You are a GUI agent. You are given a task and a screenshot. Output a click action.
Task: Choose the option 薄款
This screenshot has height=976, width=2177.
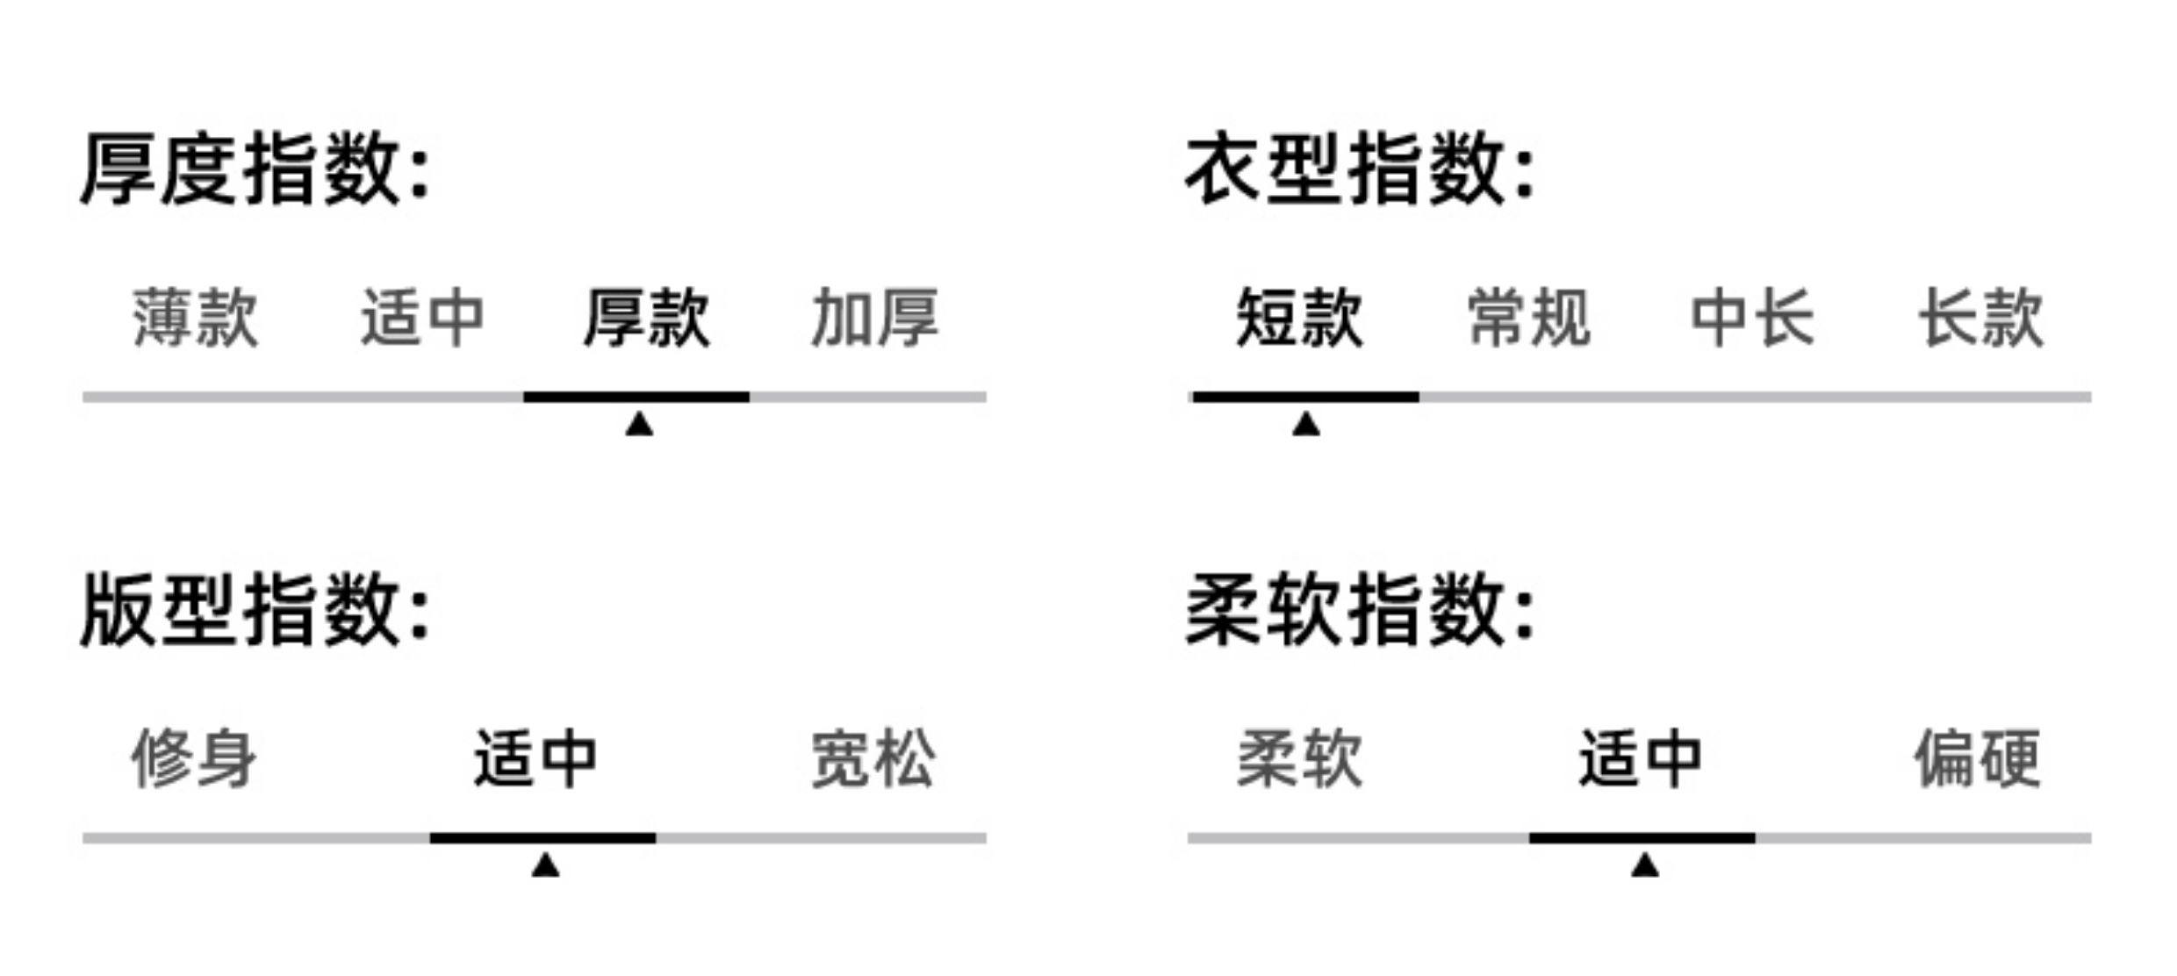tap(196, 318)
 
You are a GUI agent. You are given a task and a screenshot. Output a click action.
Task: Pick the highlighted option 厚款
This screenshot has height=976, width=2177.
tap(647, 318)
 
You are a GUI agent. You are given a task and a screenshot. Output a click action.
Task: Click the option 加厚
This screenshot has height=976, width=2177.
tap(875, 318)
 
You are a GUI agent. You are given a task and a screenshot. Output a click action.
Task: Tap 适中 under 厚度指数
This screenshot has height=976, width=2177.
tap(422, 318)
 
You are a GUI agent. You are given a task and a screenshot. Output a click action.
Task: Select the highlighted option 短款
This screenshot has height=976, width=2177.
tap(1300, 318)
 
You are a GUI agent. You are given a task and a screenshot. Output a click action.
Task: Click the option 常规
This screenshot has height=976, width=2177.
tap(1529, 318)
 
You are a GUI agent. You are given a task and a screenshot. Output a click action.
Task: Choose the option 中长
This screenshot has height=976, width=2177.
tap(1753, 318)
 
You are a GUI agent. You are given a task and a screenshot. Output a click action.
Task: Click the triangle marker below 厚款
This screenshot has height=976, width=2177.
tap(639, 426)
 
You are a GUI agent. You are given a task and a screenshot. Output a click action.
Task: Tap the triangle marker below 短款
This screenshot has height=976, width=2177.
tap(1306, 426)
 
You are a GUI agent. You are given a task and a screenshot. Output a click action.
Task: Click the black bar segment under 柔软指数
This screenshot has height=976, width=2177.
tap(1642, 838)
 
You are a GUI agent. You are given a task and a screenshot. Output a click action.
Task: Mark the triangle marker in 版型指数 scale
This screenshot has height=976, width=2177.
tap(545, 867)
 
